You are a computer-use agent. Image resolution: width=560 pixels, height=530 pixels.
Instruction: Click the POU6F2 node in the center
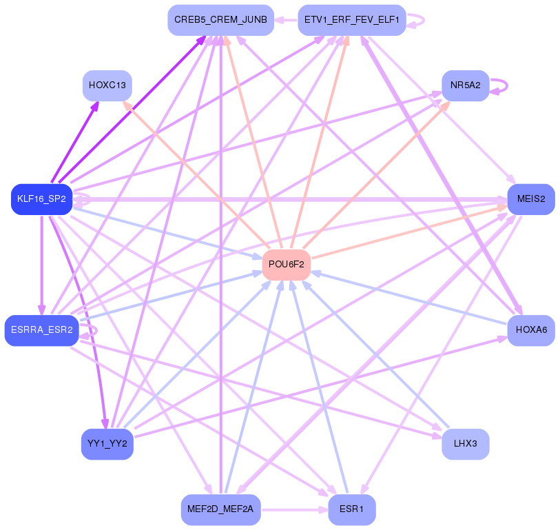287,265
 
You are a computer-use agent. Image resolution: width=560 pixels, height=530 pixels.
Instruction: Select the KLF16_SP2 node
42,199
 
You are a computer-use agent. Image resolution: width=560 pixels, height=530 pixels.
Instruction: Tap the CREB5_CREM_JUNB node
220,20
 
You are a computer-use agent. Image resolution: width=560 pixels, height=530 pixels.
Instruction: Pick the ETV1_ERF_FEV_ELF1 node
351,20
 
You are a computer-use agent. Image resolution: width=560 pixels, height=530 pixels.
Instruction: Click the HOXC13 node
107,85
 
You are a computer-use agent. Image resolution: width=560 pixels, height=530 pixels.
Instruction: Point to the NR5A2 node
466,85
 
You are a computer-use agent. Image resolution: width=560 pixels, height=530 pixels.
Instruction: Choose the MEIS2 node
531,199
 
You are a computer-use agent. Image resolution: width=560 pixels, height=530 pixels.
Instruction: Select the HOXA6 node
531,330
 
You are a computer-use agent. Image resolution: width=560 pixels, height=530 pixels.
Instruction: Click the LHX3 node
466,444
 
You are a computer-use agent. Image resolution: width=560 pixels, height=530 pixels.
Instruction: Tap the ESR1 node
352,509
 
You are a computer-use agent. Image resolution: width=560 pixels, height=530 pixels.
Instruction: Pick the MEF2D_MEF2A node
220,509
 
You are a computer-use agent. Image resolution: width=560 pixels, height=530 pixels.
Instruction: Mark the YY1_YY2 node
107,444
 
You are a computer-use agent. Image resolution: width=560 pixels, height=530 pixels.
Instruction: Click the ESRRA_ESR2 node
42,330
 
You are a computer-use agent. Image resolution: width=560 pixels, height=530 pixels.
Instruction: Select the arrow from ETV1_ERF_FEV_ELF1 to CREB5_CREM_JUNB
286,20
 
